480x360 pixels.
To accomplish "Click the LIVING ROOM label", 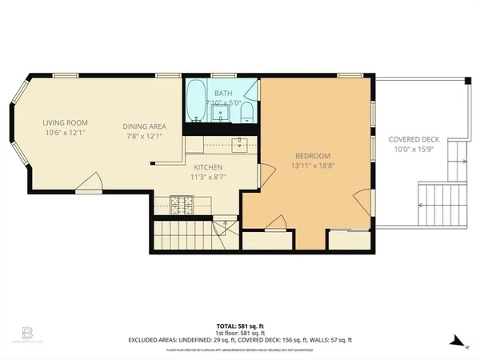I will (65, 122).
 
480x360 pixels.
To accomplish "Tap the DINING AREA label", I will (144, 126).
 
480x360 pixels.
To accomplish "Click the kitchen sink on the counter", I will (238, 144).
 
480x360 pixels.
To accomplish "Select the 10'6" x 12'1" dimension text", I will (65, 133).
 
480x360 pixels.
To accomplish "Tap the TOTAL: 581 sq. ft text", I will (239, 326).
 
